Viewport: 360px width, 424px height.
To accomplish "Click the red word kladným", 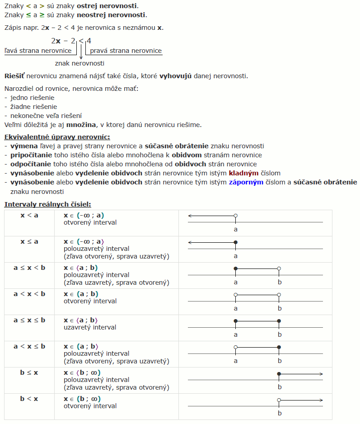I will tap(243, 173).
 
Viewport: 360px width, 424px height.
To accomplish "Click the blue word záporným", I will tap(246, 182).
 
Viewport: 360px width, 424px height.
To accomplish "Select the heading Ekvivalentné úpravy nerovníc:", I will tap(57, 137).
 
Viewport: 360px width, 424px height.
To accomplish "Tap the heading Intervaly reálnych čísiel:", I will tap(47, 204).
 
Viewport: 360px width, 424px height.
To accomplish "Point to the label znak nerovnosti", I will tap(79, 63).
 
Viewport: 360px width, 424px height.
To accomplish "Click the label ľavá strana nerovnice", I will tap(38, 51).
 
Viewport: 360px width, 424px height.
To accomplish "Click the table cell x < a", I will tap(29, 215).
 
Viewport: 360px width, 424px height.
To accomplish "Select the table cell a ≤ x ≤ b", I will tap(29, 320).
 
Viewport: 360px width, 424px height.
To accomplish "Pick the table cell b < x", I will tap(29, 399).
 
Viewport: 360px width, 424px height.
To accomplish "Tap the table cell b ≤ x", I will tap(29, 372).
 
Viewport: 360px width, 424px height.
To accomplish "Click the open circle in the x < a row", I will tap(235, 217).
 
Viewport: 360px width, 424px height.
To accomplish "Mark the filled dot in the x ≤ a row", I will tap(235, 243).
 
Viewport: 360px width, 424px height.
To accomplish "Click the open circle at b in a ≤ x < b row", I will tap(279, 269).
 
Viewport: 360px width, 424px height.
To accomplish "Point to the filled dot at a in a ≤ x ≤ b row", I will tap(235, 321).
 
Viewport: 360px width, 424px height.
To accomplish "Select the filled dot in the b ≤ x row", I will tap(279, 374).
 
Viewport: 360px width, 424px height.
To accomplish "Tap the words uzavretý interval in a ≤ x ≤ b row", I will tap(90, 327).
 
